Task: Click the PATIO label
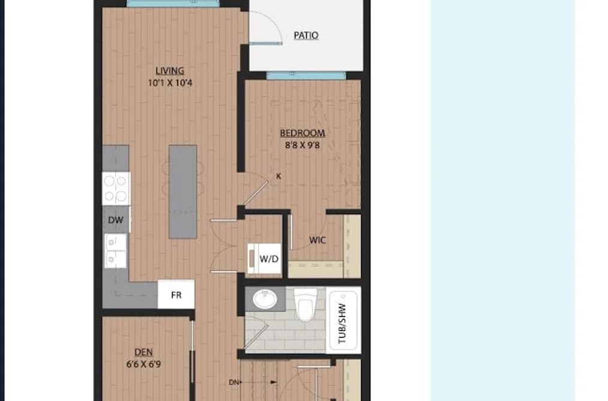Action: (x=306, y=35)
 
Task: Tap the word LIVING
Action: (x=170, y=71)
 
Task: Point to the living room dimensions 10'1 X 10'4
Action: (x=170, y=83)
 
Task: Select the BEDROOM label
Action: (x=302, y=133)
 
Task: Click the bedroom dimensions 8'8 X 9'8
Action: (x=302, y=146)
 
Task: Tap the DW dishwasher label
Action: (x=116, y=220)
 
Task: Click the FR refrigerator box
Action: (x=176, y=294)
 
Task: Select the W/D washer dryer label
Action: (x=269, y=259)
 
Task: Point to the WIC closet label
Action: (x=318, y=240)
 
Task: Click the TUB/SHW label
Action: (x=342, y=324)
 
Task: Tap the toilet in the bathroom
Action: (x=306, y=304)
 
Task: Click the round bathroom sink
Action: (x=265, y=299)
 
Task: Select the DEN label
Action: (x=143, y=352)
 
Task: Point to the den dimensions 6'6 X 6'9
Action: (x=143, y=364)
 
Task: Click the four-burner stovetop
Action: (x=116, y=188)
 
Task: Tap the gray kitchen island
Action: (x=182, y=192)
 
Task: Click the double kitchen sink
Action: (x=115, y=251)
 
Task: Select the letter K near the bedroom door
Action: (x=278, y=176)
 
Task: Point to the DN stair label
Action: (x=233, y=382)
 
